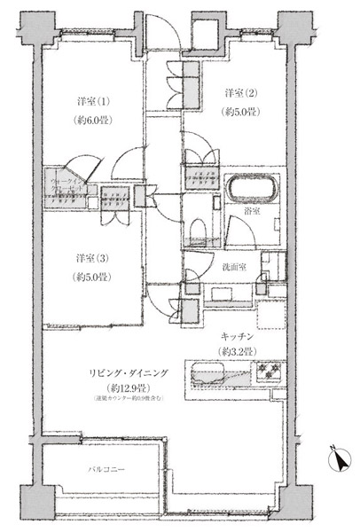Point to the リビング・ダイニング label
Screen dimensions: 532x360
click(x=124, y=373)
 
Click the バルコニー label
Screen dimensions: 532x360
click(x=106, y=466)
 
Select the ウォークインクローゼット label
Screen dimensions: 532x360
click(x=68, y=174)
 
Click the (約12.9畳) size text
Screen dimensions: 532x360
click(x=124, y=388)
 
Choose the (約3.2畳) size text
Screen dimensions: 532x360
click(x=239, y=352)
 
